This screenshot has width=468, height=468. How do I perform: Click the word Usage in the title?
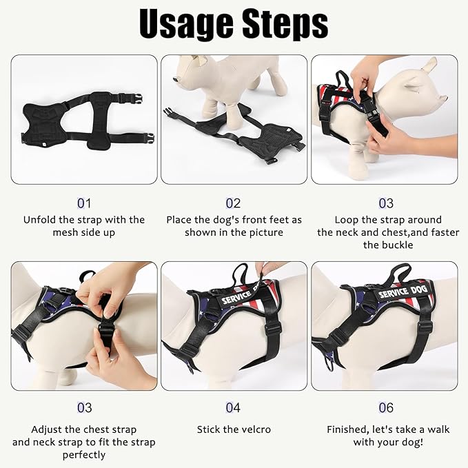[186, 23]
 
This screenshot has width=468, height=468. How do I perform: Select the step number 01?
[84, 203]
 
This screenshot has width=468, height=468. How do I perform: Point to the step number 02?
[233, 203]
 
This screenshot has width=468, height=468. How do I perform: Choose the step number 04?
[233, 408]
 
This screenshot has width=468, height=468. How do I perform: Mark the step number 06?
[386, 408]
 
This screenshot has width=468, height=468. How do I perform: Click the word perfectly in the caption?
[84, 455]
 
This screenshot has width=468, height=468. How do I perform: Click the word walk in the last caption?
[438, 429]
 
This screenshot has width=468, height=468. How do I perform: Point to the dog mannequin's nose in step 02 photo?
[175, 79]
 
